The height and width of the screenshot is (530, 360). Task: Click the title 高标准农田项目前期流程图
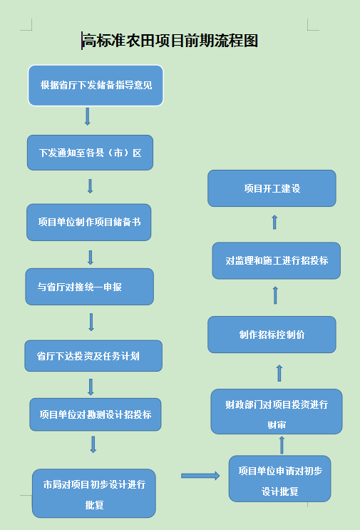(x=170, y=41)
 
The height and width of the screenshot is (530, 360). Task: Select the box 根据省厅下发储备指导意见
(x=96, y=86)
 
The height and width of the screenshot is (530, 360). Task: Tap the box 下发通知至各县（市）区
(x=90, y=153)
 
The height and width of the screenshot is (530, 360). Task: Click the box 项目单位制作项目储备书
(x=89, y=223)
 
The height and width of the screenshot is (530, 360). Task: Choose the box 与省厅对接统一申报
(x=90, y=287)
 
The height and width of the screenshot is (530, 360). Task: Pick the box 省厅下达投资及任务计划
(x=93, y=356)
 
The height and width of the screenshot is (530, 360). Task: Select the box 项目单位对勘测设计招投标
(x=96, y=414)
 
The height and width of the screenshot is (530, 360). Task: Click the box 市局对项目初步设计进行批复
(x=94, y=493)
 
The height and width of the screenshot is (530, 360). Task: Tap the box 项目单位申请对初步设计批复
(x=279, y=479)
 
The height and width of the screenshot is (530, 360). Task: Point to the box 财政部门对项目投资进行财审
(x=277, y=412)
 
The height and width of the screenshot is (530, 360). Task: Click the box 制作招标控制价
(x=272, y=335)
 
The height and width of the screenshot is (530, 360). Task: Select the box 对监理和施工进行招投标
(x=277, y=260)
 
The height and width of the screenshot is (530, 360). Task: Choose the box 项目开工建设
(x=272, y=188)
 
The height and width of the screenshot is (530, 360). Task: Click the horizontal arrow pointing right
(x=200, y=476)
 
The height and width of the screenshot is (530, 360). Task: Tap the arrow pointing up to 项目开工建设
(x=274, y=222)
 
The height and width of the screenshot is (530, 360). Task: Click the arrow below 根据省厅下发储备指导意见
(x=88, y=116)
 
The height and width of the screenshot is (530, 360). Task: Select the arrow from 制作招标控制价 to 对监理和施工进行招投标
(x=275, y=295)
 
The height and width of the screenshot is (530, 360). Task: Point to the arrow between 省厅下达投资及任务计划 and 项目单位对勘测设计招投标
(x=91, y=387)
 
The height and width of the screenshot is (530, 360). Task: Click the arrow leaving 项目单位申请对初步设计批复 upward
(x=282, y=445)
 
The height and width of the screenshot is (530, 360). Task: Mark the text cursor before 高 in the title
(x=82, y=41)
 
